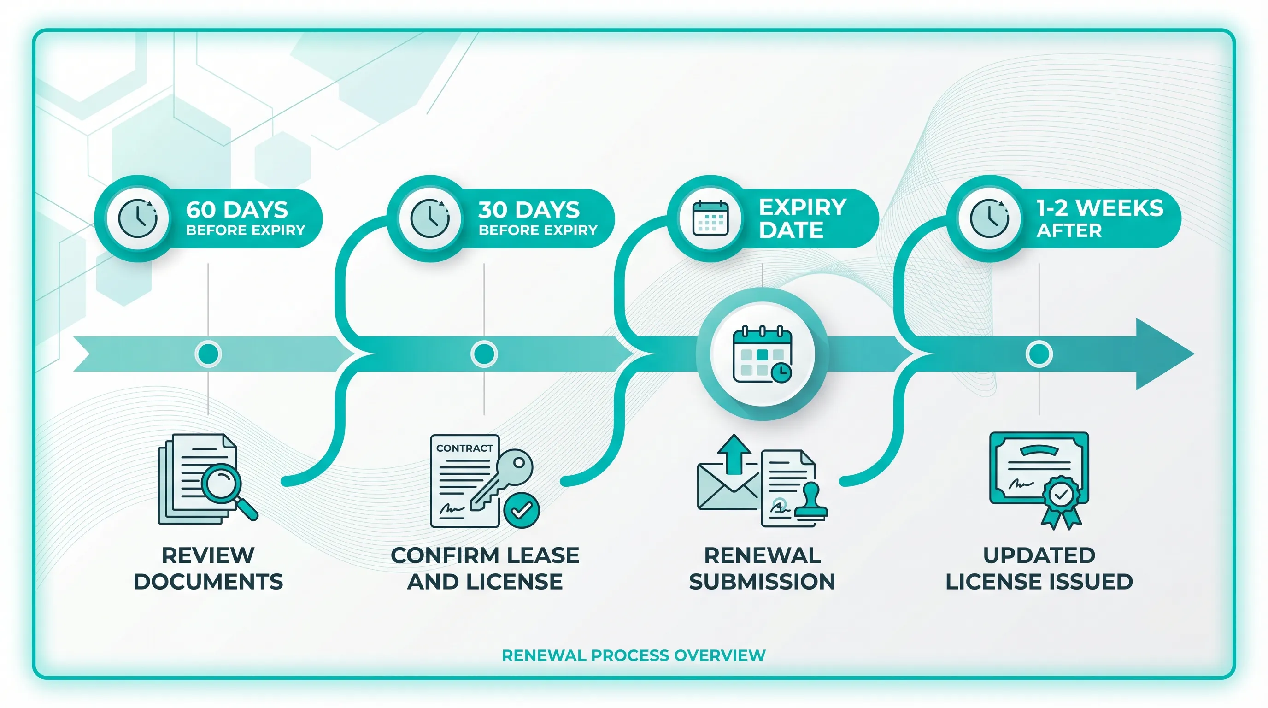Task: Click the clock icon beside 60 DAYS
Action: click(x=138, y=218)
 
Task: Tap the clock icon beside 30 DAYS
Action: click(x=430, y=218)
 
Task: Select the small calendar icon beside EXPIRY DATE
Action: click(x=710, y=218)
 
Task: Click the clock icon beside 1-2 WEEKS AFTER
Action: click(x=989, y=218)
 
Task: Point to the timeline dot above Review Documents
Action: click(x=208, y=354)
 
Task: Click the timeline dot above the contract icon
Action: click(x=484, y=354)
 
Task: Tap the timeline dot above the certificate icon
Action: click(x=1039, y=354)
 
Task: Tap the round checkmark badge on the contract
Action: click(x=521, y=510)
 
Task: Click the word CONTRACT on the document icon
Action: click(x=464, y=448)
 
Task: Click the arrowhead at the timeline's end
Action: click(x=1162, y=354)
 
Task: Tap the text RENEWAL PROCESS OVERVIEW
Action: click(x=634, y=655)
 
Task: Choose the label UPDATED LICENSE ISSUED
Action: click(x=1039, y=568)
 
